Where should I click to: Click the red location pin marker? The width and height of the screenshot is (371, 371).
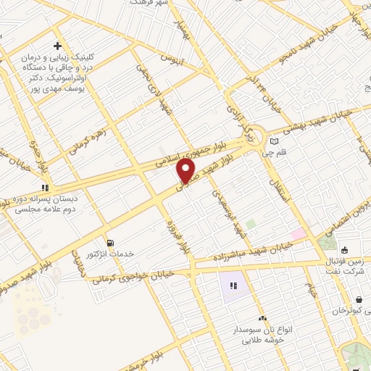186,170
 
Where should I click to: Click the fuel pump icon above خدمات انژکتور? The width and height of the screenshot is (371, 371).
110,243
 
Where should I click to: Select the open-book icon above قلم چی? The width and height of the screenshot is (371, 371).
274,141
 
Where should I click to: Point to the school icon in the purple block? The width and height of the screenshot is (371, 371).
233,286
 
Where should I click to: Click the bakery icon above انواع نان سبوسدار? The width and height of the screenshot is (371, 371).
262,317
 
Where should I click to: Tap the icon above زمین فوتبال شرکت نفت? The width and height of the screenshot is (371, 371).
345,250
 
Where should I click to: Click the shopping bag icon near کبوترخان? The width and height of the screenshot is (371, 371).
359,299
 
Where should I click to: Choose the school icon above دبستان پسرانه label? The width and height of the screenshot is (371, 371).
45,187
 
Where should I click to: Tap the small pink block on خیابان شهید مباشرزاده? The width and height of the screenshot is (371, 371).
299,233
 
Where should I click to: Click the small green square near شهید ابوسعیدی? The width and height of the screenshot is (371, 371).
251,225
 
